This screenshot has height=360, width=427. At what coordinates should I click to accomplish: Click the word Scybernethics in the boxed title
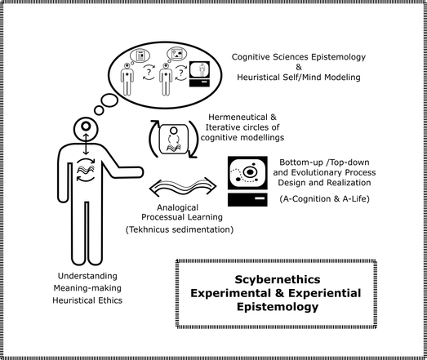[278, 280]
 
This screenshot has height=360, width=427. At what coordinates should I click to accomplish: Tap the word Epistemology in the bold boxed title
[278, 307]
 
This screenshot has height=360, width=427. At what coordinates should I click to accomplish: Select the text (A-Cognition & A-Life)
[324, 199]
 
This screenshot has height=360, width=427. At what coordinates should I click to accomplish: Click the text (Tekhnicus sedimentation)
[180, 229]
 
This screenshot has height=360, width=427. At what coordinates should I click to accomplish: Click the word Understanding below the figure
[87, 276]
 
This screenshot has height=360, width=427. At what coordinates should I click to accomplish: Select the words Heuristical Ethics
[87, 300]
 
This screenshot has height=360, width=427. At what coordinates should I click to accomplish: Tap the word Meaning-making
[87, 288]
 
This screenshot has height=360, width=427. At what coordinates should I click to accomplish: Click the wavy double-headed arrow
[183, 188]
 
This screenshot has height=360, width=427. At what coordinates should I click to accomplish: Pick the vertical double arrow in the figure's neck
[86, 144]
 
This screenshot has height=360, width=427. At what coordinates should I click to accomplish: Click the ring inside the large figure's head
[86, 126]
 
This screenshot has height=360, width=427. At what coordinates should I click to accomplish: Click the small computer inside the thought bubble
[199, 74]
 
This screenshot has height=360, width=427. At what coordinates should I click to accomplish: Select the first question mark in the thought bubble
[149, 72]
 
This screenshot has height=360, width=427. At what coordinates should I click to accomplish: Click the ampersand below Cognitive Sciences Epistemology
[299, 67]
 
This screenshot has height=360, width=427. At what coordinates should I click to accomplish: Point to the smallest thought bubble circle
[99, 110]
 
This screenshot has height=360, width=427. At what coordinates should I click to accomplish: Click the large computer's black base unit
[247, 200]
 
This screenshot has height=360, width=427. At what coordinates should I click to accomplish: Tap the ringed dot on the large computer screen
[249, 172]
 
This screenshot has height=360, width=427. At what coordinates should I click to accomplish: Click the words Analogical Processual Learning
[181, 212]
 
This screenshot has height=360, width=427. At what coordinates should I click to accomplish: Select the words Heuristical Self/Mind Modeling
[299, 78]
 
